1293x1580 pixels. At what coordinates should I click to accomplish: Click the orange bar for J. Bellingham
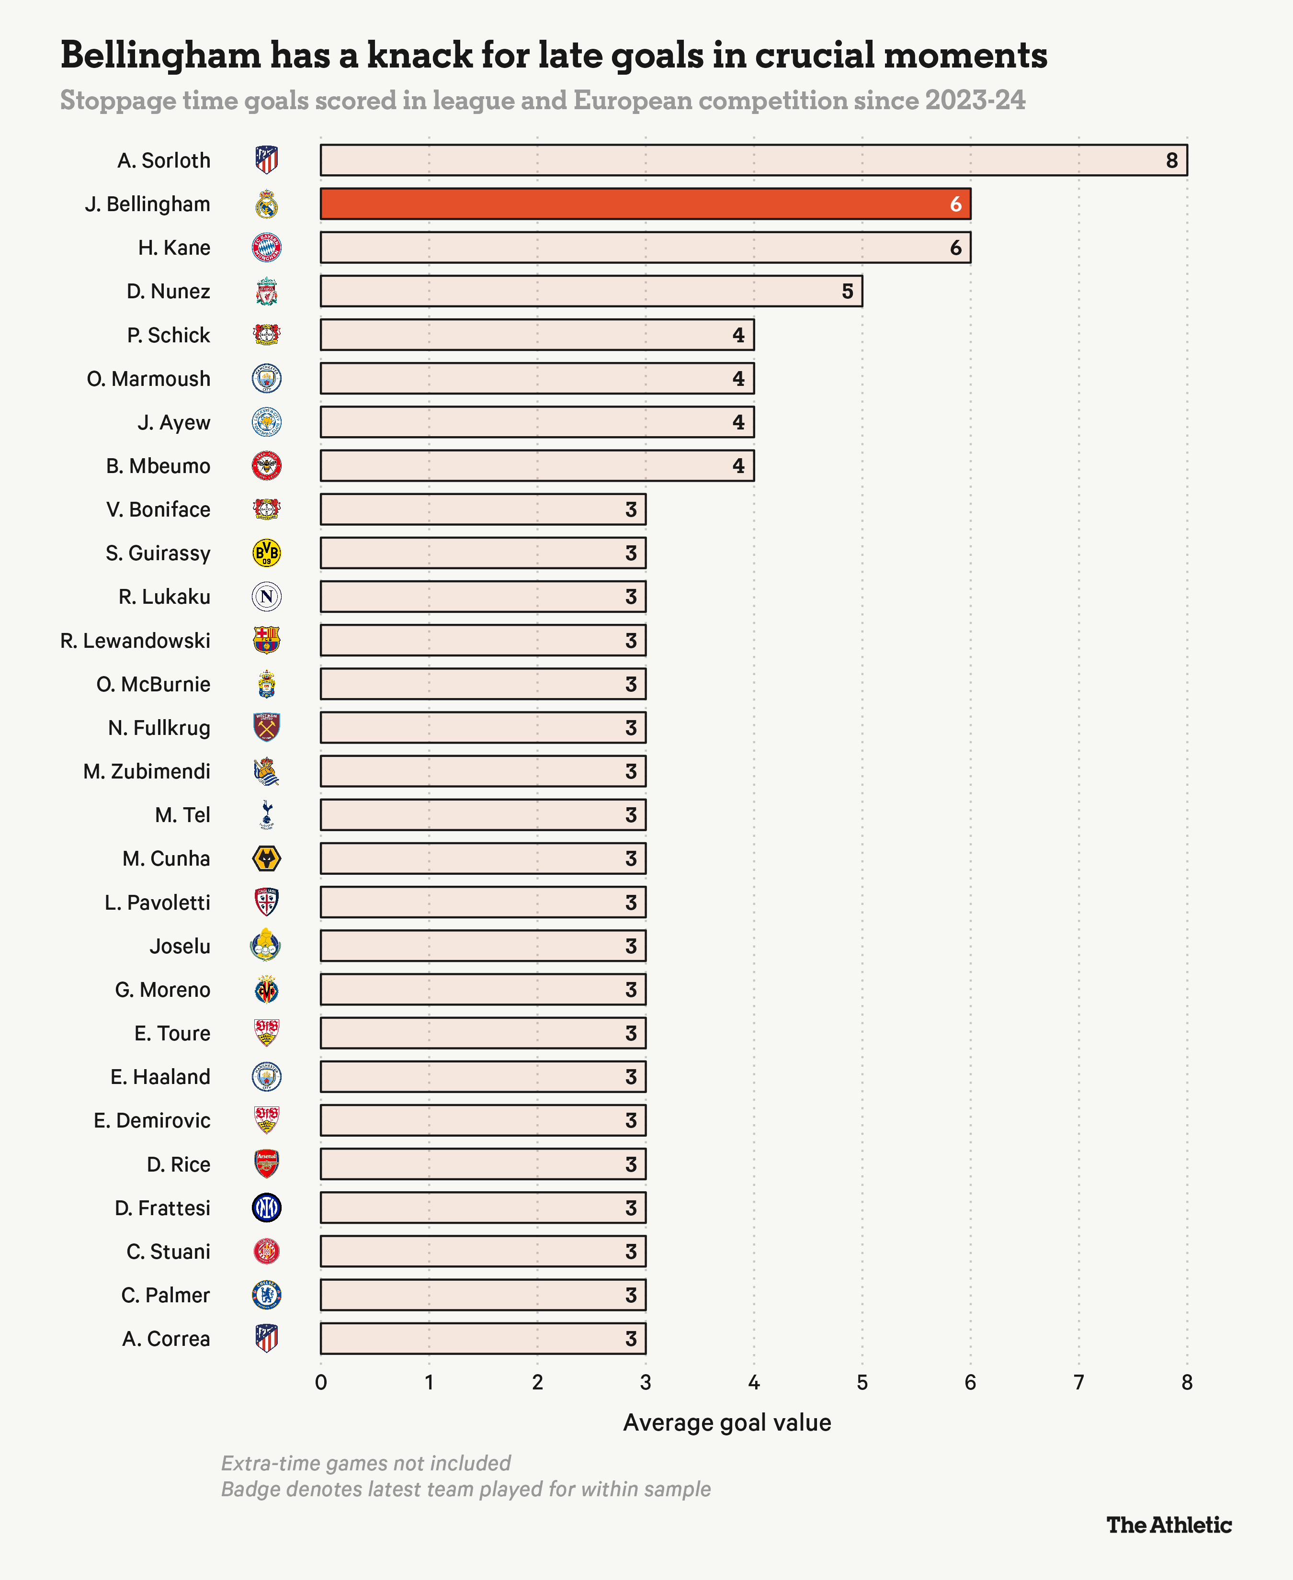point(645,204)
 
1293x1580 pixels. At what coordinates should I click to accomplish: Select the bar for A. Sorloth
point(753,160)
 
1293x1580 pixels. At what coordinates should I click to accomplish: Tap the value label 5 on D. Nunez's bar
point(847,291)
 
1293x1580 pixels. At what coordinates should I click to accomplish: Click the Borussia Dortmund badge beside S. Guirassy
point(267,553)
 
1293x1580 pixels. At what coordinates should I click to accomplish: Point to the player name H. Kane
point(174,248)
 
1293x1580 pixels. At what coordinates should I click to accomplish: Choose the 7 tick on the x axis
point(1078,1383)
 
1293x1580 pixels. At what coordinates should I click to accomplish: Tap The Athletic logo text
point(1168,1525)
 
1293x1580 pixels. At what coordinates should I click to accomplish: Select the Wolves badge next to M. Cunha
point(267,858)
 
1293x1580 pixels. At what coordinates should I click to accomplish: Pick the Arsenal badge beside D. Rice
point(267,1164)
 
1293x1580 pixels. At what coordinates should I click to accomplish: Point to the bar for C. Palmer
point(483,1295)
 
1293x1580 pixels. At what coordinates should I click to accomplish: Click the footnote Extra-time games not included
point(366,1463)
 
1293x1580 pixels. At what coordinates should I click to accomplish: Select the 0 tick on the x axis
point(321,1383)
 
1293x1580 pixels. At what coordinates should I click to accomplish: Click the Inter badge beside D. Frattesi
point(267,1208)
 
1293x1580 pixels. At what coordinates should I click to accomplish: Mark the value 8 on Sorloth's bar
point(1171,160)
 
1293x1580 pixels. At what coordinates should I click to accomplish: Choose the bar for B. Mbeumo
point(537,466)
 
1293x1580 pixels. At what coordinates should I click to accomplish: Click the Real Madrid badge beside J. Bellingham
point(267,204)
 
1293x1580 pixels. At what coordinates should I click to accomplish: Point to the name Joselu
point(180,947)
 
